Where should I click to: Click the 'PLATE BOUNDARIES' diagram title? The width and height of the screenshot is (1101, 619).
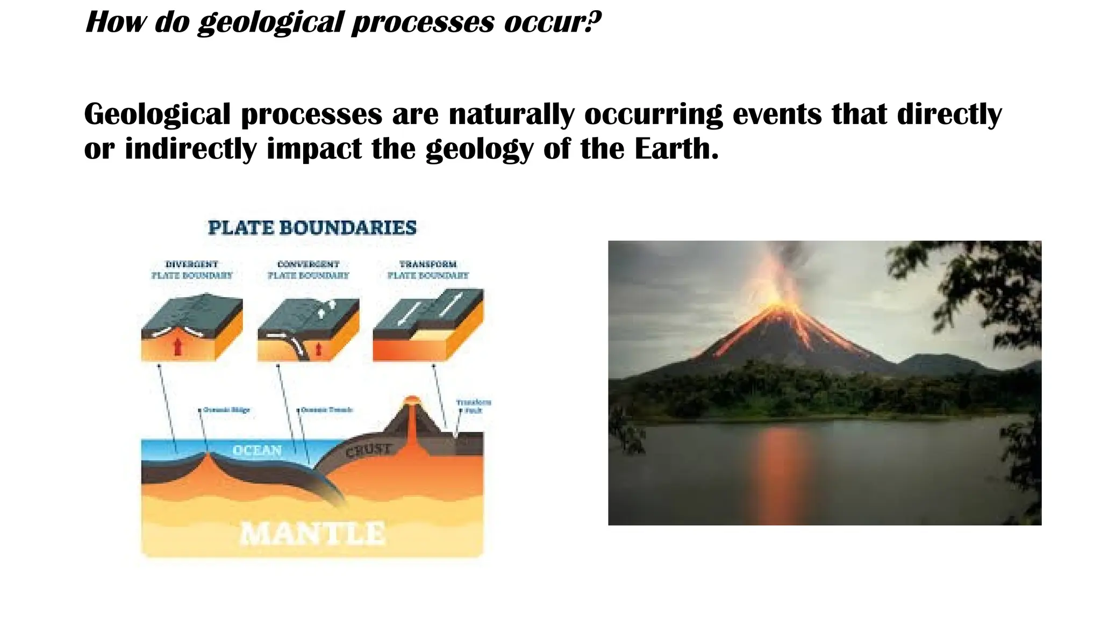312,228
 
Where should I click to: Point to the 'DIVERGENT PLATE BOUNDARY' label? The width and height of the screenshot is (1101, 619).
191,270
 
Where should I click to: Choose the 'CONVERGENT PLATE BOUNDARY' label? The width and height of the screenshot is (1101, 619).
308,270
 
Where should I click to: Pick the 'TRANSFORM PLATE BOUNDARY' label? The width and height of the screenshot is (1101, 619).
428,270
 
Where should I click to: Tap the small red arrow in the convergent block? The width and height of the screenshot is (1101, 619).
318,349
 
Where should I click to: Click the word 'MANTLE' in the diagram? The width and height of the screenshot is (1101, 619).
312,534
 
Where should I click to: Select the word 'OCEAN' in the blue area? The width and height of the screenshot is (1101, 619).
257,450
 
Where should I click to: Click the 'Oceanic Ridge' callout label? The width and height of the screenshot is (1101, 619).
226,410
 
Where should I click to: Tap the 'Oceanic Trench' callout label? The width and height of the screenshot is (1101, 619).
326,410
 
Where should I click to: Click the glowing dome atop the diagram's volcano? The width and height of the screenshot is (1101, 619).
411,400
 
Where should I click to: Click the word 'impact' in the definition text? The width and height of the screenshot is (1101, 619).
314,149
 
